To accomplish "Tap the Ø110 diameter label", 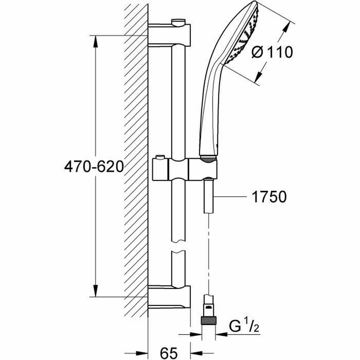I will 272,52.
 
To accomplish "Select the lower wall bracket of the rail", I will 169,297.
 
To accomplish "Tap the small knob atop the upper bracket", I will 178,22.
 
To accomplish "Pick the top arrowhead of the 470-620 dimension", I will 96,40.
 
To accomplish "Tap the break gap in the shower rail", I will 178,246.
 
